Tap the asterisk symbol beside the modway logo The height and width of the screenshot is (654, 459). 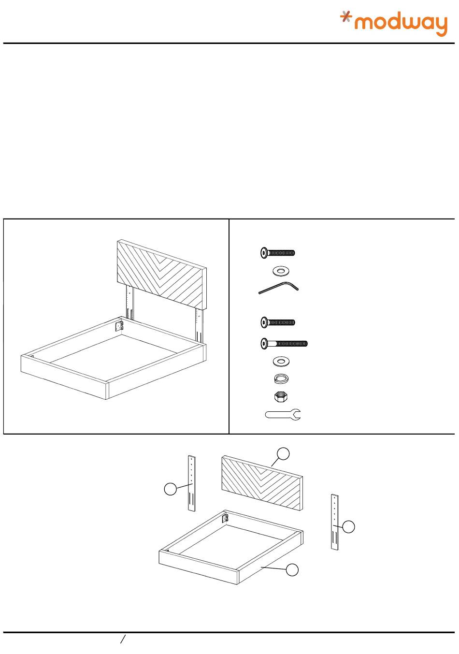click(346, 16)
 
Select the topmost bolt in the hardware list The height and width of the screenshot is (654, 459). click(277, 252)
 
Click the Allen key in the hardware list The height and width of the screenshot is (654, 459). click(278, 288)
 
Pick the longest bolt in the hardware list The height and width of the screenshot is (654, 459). click(284, 343)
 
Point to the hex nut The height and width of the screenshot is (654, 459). click(281, 397)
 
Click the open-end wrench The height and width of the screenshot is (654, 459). click(283, 415)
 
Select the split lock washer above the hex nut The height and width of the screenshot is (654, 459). click(281, 379)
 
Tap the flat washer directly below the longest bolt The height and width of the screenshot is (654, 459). click(281, 362)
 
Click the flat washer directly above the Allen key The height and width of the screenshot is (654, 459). click(281, 271)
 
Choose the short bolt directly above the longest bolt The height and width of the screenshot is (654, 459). click(277, 322)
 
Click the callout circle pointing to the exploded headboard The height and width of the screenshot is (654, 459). click(283, 453)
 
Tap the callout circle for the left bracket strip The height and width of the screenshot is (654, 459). click(171, 489)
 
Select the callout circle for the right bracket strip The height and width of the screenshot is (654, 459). click(348, 527)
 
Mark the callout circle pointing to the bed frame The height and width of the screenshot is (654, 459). click(292, 569)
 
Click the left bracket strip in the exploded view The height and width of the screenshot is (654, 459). click(192, 483)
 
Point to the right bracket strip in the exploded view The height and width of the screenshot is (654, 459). click(335, 522)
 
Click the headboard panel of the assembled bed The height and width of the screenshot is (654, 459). click(162, 274)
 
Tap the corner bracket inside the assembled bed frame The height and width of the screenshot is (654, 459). click(119, 326)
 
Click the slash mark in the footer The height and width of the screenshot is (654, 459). click(123, 639)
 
